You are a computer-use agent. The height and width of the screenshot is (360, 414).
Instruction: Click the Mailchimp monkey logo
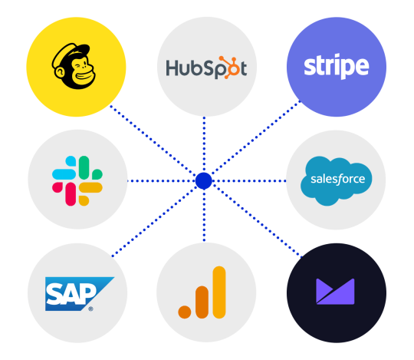pos(74,66)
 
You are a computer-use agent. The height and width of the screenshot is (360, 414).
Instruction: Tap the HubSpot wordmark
pos(206,68)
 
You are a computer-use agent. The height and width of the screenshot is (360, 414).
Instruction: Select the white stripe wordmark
pos(337,66)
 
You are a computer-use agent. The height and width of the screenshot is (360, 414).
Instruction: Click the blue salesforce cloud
pos(336,180)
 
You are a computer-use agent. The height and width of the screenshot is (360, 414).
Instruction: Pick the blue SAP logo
pos(80,294)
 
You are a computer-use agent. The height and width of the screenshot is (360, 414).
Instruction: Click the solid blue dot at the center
pos(204,181)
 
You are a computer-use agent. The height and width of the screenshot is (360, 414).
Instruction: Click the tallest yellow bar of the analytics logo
pos(219,292)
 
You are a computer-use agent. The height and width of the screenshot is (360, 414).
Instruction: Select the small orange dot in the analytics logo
pos(185,312)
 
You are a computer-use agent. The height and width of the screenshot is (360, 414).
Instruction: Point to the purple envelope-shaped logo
pos(335,291)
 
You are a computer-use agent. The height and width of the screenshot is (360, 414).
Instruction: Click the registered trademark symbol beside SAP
pos(90,309)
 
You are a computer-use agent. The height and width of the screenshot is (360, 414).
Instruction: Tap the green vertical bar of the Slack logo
pos(84,167)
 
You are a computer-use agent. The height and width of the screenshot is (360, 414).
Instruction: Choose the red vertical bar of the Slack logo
pos(71,194)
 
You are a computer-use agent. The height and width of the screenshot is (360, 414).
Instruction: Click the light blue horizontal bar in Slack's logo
pos(64,174)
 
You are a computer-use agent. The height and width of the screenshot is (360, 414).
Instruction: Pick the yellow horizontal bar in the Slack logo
pos(90,187)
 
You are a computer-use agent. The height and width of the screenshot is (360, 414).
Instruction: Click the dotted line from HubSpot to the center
pos(204,144)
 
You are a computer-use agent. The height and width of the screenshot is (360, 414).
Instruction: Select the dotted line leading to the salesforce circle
pos(249,181)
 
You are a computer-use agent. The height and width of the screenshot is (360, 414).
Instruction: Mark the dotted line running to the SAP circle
pos(154,222)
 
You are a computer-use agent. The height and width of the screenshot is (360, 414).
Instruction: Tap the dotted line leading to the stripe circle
pos(256,137)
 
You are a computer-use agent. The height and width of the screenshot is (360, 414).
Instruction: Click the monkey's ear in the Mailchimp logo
pos(60,72)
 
